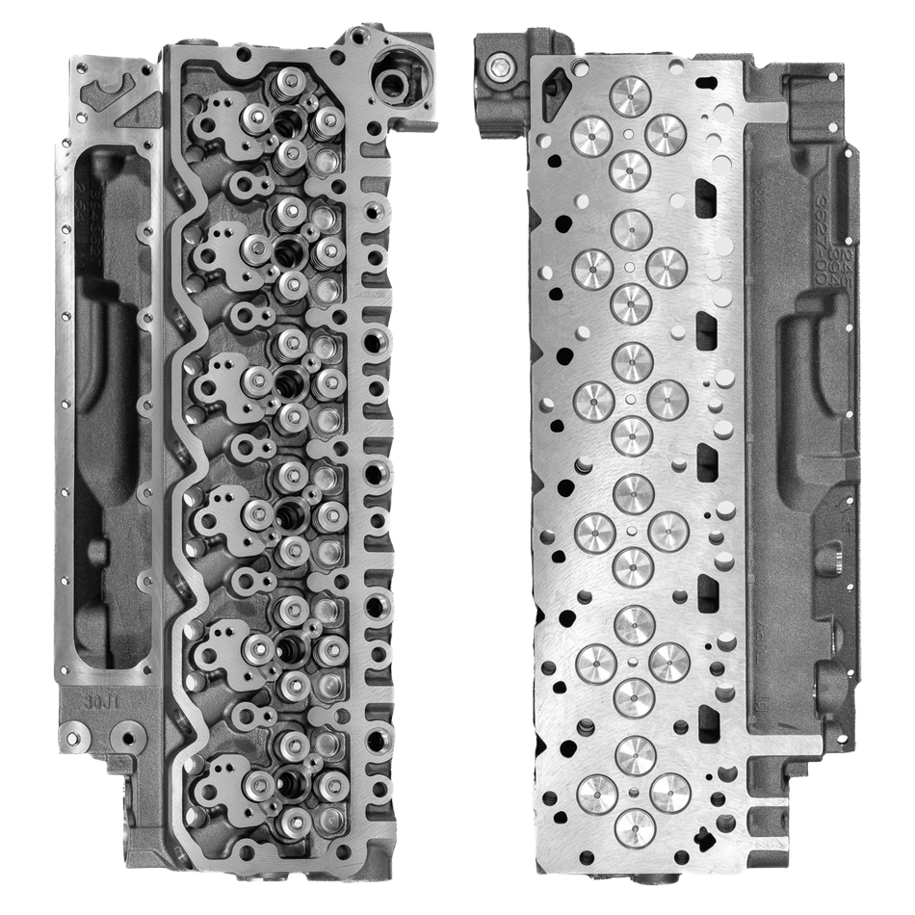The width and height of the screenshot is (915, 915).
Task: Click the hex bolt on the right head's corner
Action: pos(497,65)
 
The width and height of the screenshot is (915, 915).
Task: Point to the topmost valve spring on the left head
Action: pos(288,85)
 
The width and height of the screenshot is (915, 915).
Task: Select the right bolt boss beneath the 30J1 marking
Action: pos(122,741)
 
